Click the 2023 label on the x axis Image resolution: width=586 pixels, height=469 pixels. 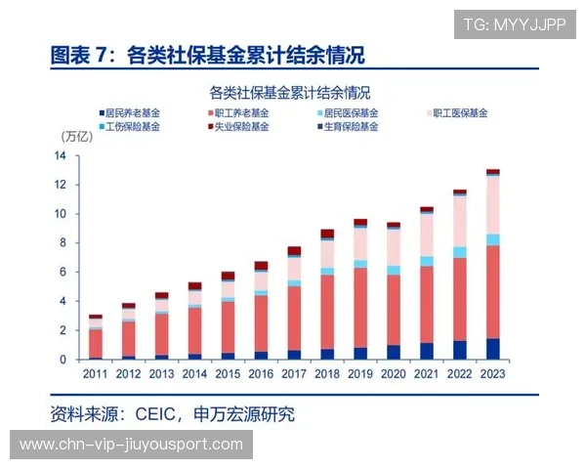click(493, 374)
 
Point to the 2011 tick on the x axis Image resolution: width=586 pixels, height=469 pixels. click(95, 374)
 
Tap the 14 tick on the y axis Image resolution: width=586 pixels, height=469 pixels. click(61, 156)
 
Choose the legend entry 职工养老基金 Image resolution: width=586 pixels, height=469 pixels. click(239, 113)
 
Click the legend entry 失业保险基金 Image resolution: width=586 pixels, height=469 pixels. click(239, 127)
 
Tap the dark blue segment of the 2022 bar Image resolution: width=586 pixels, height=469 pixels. click(460, 350)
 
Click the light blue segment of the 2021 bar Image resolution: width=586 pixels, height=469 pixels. click(427, 261)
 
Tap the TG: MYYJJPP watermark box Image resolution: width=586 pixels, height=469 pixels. click(515, 24)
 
